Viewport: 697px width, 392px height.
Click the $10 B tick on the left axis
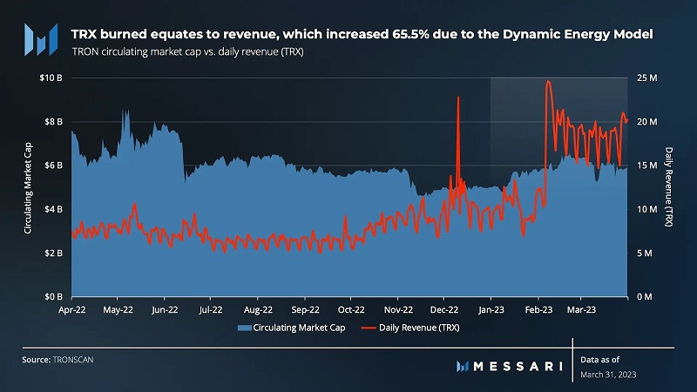(x=51, y=78)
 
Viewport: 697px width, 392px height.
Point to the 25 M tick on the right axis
(x=646, y=78)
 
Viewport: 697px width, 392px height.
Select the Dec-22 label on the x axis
(x=444, y=308)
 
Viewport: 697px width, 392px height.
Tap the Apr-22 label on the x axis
(x=71, y=308)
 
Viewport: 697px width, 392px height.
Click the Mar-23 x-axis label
(x=581, y=308)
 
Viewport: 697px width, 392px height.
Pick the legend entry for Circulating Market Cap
(x=284, y=328)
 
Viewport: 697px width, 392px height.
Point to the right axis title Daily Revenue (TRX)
(x=668, y=187)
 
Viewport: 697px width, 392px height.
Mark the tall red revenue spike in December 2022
(x=458, y=98)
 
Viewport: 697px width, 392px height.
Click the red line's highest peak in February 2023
(x=548, y=81)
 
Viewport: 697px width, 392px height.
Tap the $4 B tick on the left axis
(x=53, y=209)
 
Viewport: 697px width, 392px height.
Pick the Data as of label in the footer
(x=599, y=358)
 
